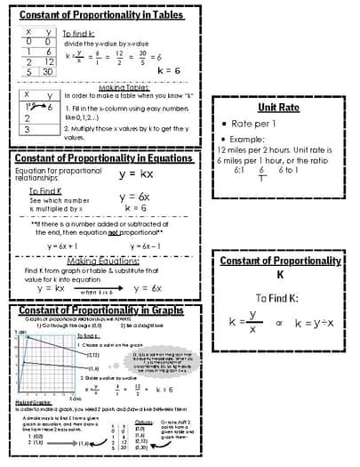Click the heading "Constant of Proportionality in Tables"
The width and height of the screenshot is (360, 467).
pos(100,15)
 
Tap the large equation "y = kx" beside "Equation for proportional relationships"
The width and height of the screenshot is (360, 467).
pos(136,173)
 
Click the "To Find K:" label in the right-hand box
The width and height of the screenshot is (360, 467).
pos(280,299)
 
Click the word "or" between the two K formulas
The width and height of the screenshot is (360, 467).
pos(279,323)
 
